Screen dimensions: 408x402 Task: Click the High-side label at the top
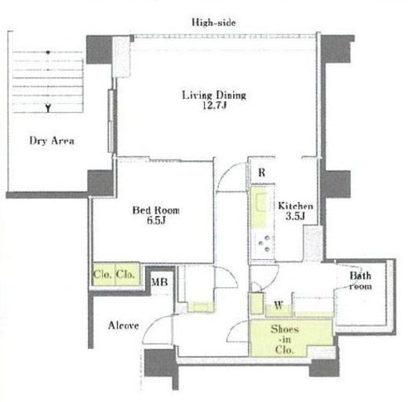pos(213,22)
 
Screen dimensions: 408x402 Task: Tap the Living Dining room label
pos(214,95)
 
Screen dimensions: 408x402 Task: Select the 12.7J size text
pos(214,105)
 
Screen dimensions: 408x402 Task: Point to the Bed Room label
pos(156,210)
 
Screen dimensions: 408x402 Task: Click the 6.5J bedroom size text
pos(156,221)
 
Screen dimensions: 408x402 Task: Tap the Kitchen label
pos(295,206)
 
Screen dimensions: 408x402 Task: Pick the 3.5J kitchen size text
pos(295,217)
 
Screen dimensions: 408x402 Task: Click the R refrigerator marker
pos(261,173)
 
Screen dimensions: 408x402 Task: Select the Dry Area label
pos(52,141)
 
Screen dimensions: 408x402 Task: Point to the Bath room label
pos(360,281)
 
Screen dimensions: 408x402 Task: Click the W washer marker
pos(279,305)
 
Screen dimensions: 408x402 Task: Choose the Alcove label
pos(123,325)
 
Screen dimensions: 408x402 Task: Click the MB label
pos(159,282)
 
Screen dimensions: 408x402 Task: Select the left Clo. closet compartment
pos(104,274)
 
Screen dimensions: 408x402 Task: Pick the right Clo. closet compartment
pos(127,274)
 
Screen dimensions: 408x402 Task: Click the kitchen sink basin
pos(262,202)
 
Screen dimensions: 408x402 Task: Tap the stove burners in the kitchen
pos(264,244)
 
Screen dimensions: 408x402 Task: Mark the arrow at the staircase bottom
pos(48,108)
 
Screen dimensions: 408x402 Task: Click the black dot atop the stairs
pos(48,53)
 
